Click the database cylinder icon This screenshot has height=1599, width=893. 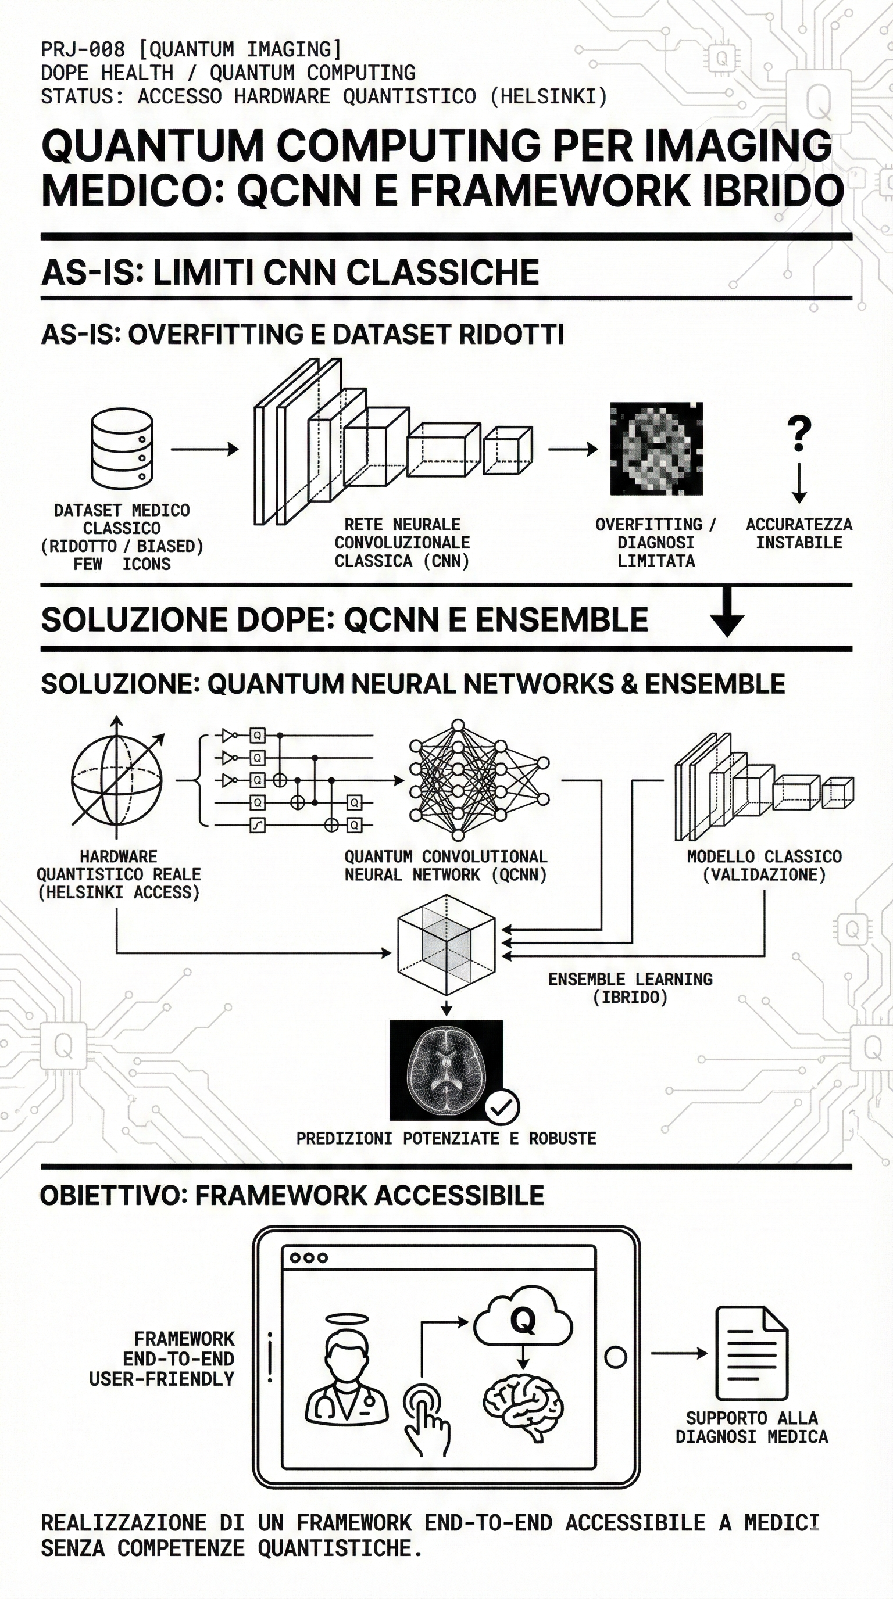[x=122, y=448]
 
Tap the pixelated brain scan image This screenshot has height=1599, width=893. [x=656, y=448]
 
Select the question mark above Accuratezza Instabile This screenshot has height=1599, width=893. [x=799, y=433]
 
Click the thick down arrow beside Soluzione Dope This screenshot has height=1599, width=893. [x=727, y=612]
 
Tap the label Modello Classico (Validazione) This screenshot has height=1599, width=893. [x=764, y=865]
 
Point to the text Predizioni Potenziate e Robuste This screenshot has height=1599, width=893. [x=446, y=1138]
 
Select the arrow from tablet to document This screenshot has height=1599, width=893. [x=678, y=1353]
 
